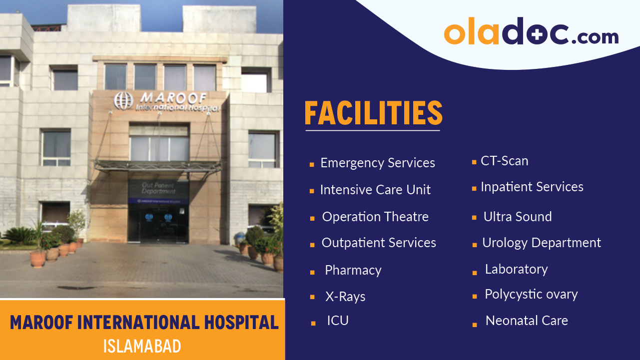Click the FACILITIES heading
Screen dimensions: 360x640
(x=373, y=113)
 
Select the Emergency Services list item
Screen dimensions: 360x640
(x=378, y=163)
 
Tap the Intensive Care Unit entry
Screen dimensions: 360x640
(x=375, y=190)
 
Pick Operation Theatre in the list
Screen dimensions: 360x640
(x=375, y=217)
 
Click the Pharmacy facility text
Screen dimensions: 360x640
(x=353, y=271)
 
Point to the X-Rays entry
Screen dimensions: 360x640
(x=345, y=297)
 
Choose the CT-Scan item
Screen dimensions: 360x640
(x=504, y=161)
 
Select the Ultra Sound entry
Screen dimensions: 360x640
(x=518, y=217)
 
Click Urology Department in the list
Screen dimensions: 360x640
(x=542, y=243)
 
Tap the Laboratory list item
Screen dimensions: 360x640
(x=516, y=270)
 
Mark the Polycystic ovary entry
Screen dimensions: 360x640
(x=531, y=295)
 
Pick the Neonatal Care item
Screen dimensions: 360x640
(x=527, y=321)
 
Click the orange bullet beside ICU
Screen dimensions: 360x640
(x=313, y=324)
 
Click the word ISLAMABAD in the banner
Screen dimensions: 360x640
(x=142, y=347)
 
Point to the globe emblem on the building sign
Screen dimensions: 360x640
(x=123, y=100)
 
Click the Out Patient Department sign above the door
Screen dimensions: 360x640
(x=158, y=188)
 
